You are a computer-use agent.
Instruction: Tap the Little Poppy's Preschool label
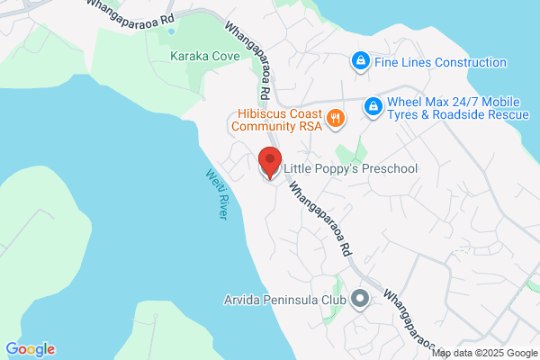pyautogui.click(x=350, y=168)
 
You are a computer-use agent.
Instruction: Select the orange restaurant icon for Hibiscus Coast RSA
pyautogui.click(x=336, y=118)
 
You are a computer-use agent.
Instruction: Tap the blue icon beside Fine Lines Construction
pyautogui.click(x=359, y=62)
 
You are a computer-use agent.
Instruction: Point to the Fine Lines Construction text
pyautogui.click(x=440, y=63)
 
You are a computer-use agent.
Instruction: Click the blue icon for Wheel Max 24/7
pyautogui.click(x=372, y=108)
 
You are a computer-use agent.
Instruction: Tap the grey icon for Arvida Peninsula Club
pyautogui.click(x=361, y=298)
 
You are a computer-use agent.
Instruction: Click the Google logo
pyautogui.click(x=30, y=349)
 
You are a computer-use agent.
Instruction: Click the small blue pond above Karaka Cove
pyautogui.click(x=169, y=31)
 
